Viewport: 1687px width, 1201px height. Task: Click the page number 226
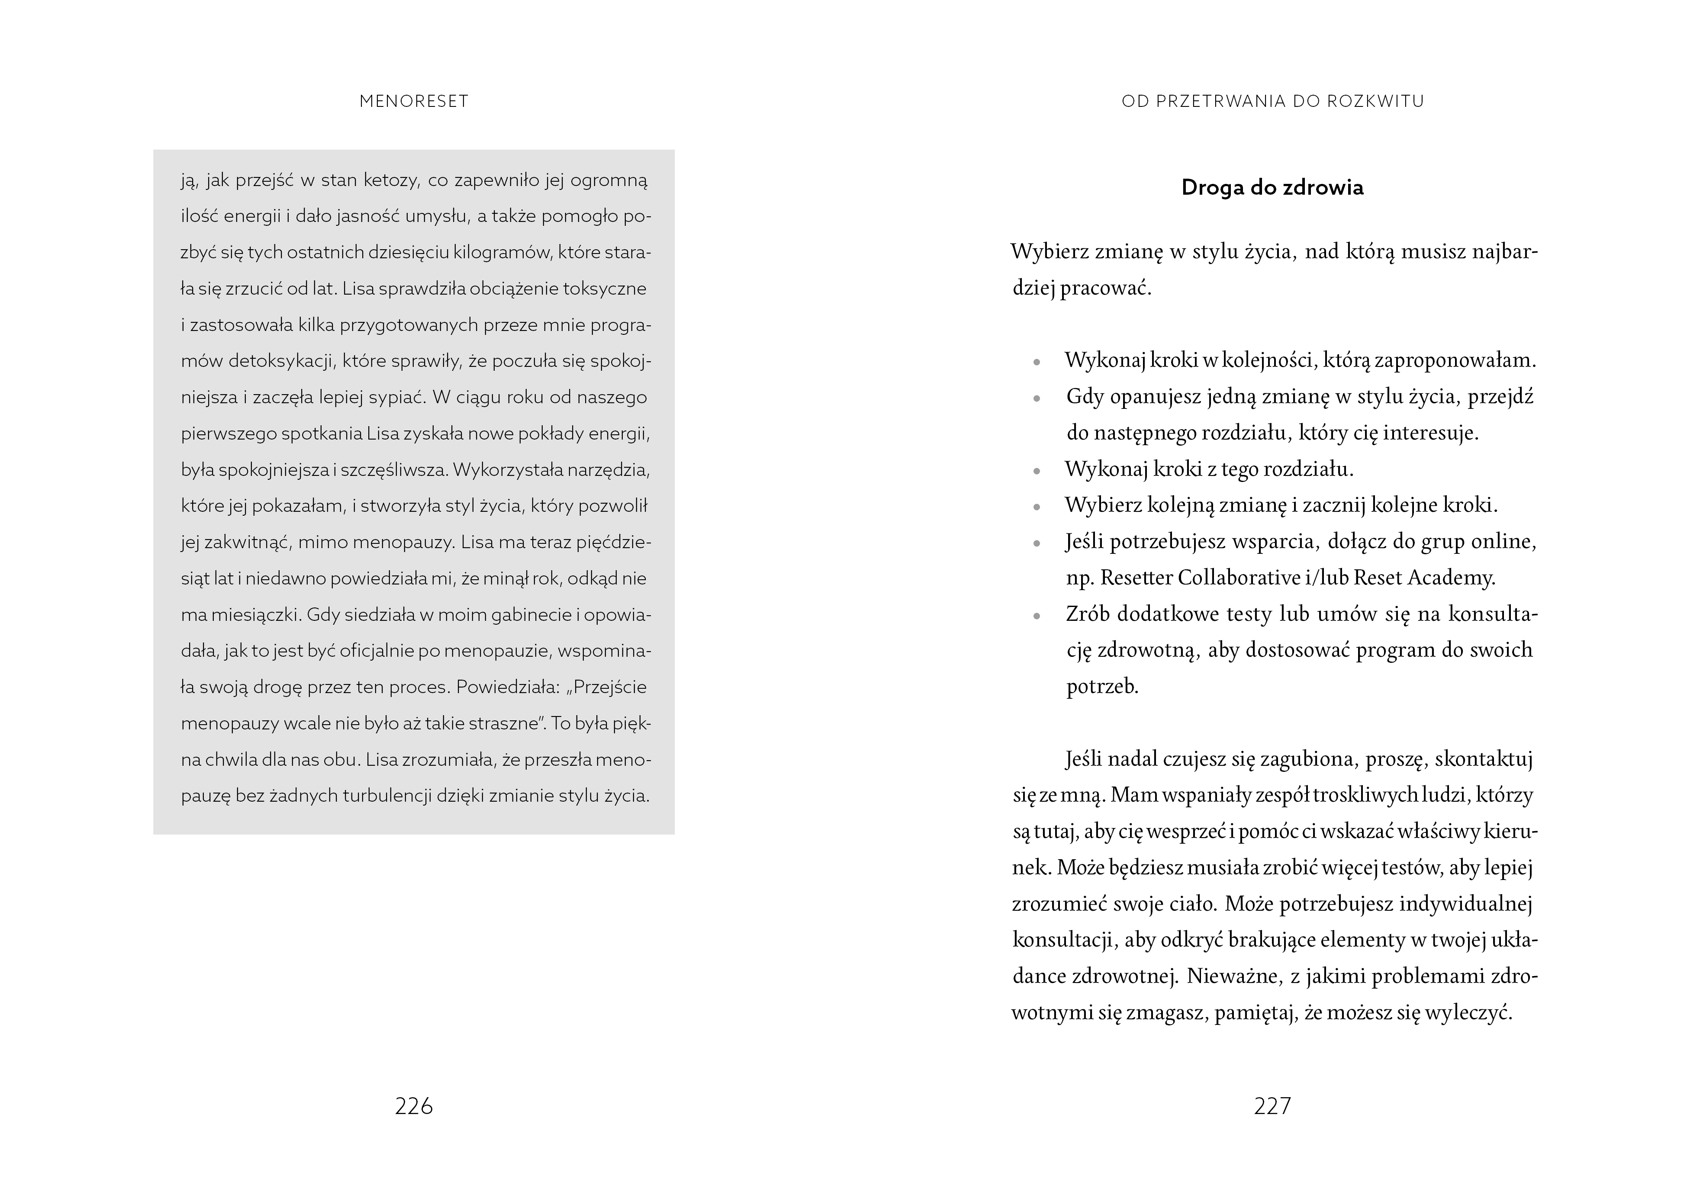[413, 1106]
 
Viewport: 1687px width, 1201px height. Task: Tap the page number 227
[1272, 1106]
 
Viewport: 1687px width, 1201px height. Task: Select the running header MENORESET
[413, 101]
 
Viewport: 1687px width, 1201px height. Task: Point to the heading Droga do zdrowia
[1272, 188]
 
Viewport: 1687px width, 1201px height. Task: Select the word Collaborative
[1238, 578]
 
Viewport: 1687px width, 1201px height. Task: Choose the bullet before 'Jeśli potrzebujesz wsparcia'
[1037, 543]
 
